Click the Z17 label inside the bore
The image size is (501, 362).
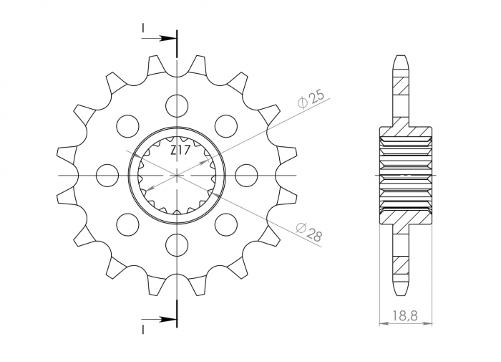[x=180, y=151]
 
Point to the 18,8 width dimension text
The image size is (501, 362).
[x=405, y=313]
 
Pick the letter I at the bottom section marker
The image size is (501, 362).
[x=143, y=328]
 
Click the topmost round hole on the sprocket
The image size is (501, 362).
[x=176, y=105]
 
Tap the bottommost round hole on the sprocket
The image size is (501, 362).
[x=176, y=245]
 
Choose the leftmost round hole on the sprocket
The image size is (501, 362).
[x=107, y=175]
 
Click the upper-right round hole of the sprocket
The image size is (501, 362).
[x=225, y=125]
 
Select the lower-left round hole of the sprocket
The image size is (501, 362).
[x=127, y=224]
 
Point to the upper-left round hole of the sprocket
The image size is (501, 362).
[x=127, y=125]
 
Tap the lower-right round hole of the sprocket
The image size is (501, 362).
[x=225, y=224]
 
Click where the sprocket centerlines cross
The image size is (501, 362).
[x=176, y=175]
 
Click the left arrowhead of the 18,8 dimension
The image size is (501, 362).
[x=381, y=324]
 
